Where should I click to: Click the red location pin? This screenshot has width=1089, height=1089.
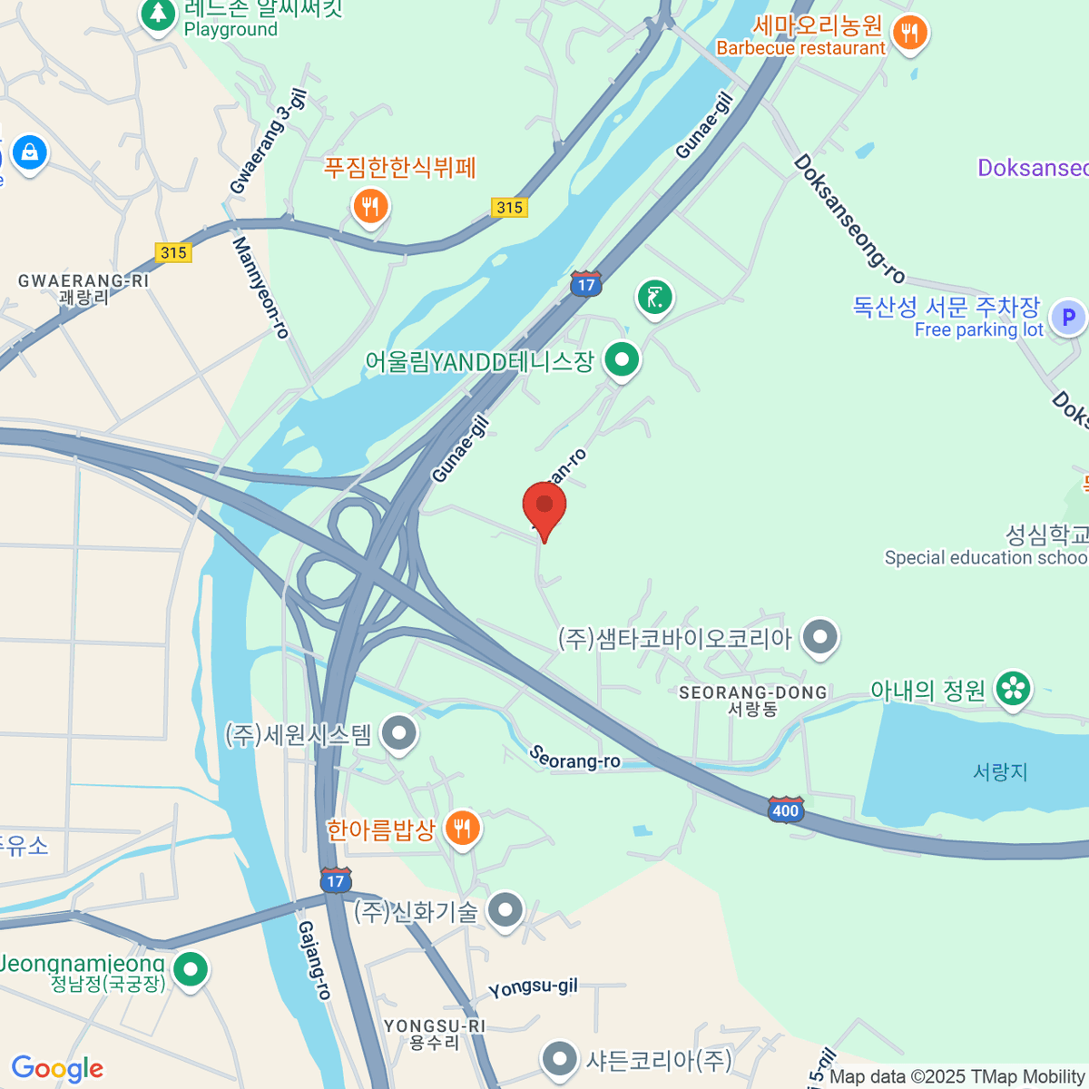tap(544, 505)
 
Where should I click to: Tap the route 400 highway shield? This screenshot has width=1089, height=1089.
tap(785, 809)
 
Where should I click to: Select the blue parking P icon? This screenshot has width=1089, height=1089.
tap(1068, 318)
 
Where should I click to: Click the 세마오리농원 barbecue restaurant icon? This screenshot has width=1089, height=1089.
tap(909, 34)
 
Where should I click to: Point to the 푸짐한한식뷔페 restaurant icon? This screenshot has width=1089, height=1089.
tap(369, 207)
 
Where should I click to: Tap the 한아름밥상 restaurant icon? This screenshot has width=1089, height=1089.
tap(463, 829)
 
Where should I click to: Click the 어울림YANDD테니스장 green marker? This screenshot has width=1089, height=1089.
tap(622, 360)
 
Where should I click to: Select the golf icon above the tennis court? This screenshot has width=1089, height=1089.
tap(654, 297)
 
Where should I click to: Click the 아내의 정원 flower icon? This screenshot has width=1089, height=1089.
tap(1013, 690)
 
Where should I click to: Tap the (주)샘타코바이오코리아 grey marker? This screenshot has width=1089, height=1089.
tap(821, 637)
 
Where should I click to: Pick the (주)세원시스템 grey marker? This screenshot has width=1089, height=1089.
tap(398, 733)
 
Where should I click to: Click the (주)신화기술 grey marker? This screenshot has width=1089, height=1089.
tap(505, 910)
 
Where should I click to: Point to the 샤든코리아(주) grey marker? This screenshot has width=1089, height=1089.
tap(559, 1058)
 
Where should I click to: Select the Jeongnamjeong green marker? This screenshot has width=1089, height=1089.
tap(190, 969)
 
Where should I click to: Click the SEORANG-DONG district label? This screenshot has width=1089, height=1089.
tap(753, 700)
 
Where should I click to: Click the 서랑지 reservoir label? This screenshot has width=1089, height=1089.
tap(1000, 771)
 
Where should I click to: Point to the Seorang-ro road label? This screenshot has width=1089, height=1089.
tap(574, 758)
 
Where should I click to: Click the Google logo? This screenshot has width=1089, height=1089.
tap(57, 1069)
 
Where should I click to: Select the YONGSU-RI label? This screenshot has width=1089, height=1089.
tap(435, 1034)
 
